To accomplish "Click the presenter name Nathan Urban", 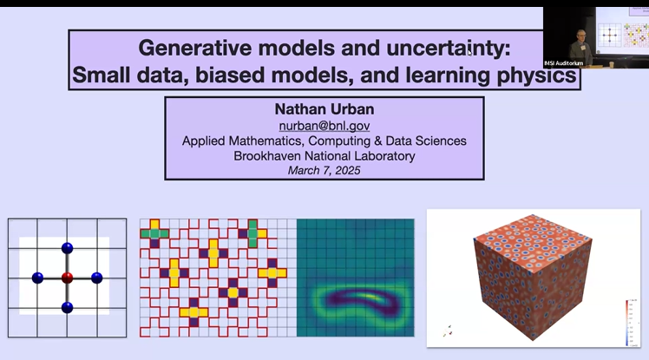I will [x=324, y=110].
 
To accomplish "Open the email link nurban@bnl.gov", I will [x=324, y=126].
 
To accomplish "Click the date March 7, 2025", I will [x=324, y=170].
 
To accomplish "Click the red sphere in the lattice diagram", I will [x=67, y=278].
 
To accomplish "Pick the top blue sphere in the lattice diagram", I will [x=67, y=249].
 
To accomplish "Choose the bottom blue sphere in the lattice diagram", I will [x=67, y=307].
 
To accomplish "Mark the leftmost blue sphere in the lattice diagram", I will [x=37, y=278].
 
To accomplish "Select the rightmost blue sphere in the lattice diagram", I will [x=96, y=278].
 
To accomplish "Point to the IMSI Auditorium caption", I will [x=569, y=62].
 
